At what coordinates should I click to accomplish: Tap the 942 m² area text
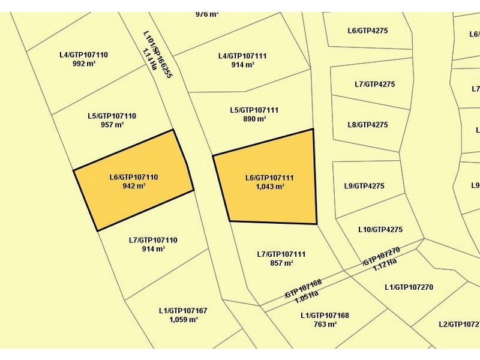coord(134,186)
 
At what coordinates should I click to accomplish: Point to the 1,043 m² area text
coord(269,187)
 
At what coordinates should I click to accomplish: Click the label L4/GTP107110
coord(83,55)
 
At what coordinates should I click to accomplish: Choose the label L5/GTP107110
coord(112,116)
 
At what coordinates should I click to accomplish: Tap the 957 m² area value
coord(112,125)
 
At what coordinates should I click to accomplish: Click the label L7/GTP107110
coord(153,240)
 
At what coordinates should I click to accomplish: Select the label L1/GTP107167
coord(183,310)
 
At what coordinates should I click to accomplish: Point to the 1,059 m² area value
coord(183,319)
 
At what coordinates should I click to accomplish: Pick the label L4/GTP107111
coord(242,56)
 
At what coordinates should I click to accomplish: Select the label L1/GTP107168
coord(325,315)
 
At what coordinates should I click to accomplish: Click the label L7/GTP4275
coord(375,84)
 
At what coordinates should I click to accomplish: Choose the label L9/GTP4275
coord(364,186)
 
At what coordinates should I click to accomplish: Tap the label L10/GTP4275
coord(380,229)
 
